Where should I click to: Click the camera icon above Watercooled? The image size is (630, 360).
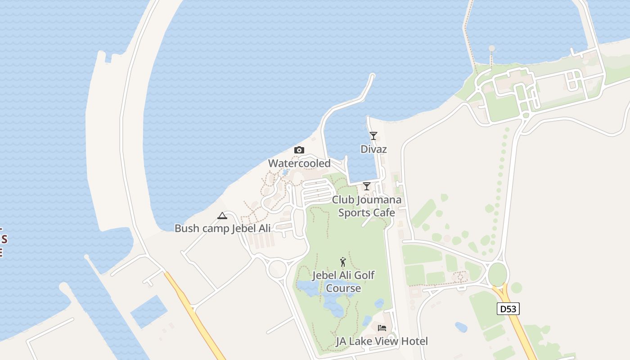click(x=299, y=150)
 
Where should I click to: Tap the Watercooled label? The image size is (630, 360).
click(x=299, y=163)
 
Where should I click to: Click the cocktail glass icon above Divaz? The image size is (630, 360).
click(x=373, y=135)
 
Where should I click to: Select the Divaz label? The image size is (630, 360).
click(x=373, y=149)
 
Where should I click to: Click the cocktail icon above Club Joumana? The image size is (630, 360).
click(x=367, y=186)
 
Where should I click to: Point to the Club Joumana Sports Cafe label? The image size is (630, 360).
click(x=367, y=206)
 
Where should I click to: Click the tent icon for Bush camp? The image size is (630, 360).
click(x=222, y=216)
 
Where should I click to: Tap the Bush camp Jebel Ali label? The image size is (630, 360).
click(x=223, y=228)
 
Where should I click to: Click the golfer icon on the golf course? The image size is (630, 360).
click(x=343, y=261)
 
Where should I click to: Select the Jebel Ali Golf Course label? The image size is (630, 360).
click(x=343, y=281)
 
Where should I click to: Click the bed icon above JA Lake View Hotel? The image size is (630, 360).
click(x=382, y=328)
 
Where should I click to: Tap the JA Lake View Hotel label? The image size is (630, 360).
click(x=382, y=341)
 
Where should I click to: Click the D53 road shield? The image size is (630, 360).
click(x=508, y=309)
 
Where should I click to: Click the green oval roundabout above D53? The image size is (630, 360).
click(x=497, y=274)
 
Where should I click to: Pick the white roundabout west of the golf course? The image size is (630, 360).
click(x=277, y=269)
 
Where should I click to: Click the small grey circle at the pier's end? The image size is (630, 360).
click(x=491, y=48)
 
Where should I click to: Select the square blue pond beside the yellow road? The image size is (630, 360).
click(x=148, y=311)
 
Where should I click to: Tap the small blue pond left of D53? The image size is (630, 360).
click(x=461, y=327)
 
